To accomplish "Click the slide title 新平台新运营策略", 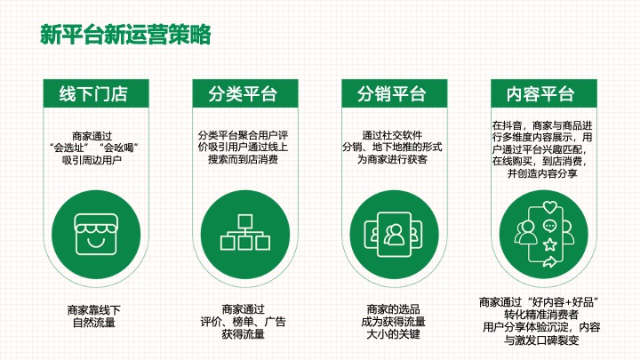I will click(125, 35).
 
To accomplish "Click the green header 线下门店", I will click(93, 94).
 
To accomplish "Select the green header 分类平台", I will click(243, 94).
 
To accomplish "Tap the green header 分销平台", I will click(392, 94).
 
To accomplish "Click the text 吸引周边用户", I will click(93, 160).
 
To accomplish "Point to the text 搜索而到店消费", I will click(243, 160).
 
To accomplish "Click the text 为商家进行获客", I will click(392, 160).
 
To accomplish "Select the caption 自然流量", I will click(93, 322).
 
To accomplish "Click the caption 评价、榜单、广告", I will click(243, 322).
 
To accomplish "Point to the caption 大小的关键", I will click(392, 334).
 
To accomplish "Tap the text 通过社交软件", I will click(392, 135).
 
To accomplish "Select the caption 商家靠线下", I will click(93, 309).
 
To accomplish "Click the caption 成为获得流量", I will click(392, 322).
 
